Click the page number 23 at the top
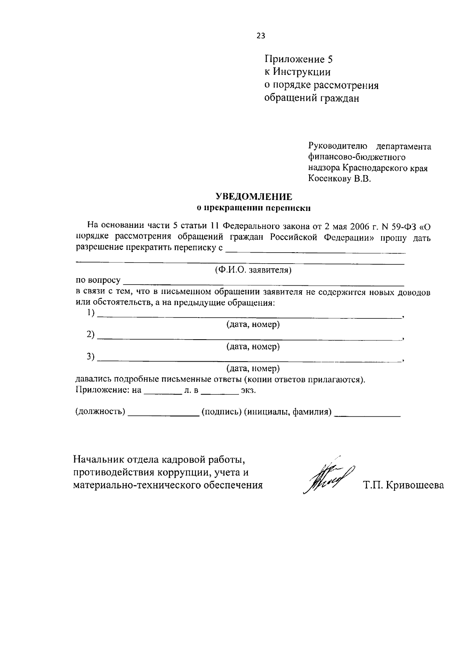[x=261, y=36]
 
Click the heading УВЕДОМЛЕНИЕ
[x=253, y=196]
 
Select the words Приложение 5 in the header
[x=299, y=59]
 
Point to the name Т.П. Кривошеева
[x=404, y=485]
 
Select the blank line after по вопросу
[x=264, y=281]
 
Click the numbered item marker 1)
[x=91, y=313]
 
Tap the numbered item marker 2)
[x=91, y=335]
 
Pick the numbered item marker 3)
[x=91, y=357]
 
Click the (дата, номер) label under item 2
[x=253, y=347]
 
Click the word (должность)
[x=100, y=412]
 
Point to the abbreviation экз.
[x=248, y=391]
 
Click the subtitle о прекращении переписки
[x=253, y=207]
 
